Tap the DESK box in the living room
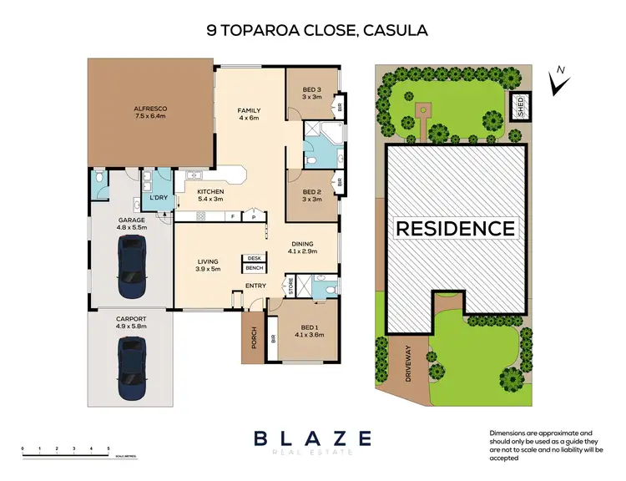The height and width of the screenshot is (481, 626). pyautogui.click(x=254, y=258)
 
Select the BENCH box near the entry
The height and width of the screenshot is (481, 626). pyautogui.click(x=254, y=268)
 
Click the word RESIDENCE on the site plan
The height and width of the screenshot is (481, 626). pyautogui.click(x=455, y=228)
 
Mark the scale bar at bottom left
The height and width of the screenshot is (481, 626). pyautogui.click(x=67, y=453)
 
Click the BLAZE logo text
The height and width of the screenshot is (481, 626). pyautogui.click(x=312, y=437)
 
